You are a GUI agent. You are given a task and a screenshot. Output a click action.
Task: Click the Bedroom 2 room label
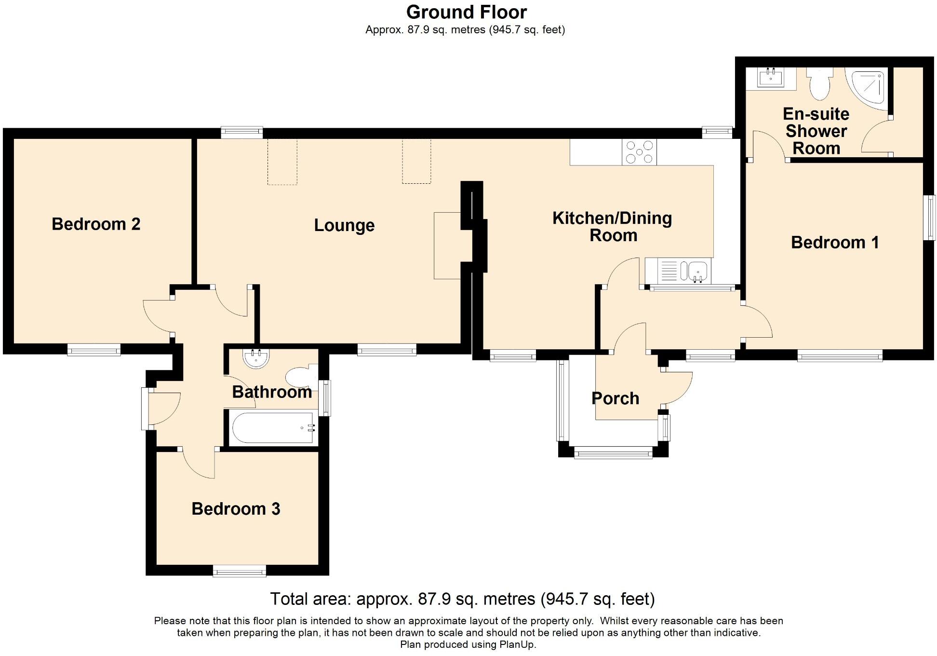96,224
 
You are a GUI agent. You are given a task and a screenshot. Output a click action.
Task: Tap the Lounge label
344,226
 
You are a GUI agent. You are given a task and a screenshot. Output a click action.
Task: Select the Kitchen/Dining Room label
613,227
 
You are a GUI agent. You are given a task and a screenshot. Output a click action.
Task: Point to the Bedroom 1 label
835,242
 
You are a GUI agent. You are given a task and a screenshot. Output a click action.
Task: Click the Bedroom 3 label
236,509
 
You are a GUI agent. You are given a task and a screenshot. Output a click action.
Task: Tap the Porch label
616,398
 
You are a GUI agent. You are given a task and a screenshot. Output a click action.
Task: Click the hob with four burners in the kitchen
639,152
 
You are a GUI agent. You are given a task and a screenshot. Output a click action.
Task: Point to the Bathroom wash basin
256,358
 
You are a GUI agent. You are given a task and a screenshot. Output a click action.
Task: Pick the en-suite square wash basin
770,78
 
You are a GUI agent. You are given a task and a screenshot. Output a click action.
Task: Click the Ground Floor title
467,12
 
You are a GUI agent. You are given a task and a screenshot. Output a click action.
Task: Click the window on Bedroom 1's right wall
929,217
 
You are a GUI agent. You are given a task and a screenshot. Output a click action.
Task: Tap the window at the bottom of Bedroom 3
240,571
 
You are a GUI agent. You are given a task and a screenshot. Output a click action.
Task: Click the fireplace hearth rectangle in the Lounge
448,246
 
